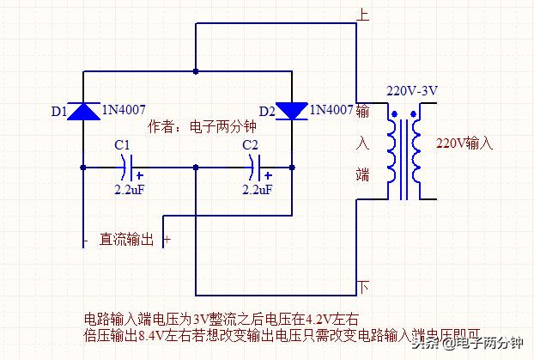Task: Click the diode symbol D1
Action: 83,110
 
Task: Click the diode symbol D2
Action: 292,110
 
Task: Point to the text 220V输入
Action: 465,143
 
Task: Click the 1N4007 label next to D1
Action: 124,110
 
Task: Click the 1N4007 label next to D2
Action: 331,110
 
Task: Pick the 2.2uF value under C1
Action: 132,188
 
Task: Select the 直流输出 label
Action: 126,241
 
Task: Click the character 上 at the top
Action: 363,15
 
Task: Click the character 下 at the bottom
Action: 363,287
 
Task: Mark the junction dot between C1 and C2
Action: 196,165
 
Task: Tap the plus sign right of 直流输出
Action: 167,241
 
